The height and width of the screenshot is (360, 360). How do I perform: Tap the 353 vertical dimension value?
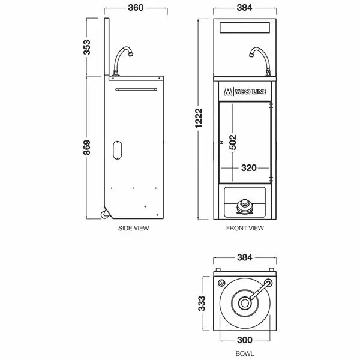(87, 47)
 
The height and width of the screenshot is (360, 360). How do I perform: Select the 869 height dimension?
(87, 146)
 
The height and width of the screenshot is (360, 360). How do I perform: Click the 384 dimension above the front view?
(245, 9)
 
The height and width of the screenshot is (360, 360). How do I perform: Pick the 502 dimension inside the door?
(234, 141)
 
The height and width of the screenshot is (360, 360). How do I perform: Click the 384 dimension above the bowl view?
(245, 259)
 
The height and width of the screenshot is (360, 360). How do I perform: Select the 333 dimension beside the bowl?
(203, 303)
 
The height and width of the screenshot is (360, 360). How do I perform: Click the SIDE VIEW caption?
(134, 229)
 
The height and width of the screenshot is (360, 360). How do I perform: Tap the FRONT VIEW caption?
(245, 229)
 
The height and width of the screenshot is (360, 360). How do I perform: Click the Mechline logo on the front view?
(244, 92)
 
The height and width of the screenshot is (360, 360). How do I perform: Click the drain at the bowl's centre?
(245, 304)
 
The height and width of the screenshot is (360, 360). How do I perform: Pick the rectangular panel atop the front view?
(245, 28)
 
